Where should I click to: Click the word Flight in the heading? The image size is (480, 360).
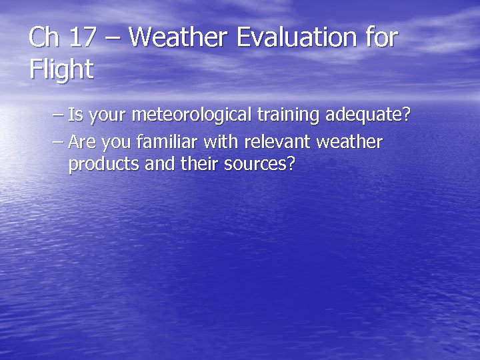[x=61, y=69]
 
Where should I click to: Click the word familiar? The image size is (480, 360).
[x=164, y=142]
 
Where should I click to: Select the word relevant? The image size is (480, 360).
[x=275, y=142]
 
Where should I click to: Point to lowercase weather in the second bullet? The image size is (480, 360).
[x=349, y=142]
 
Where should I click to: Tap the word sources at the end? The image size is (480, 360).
[x=258, y=164]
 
